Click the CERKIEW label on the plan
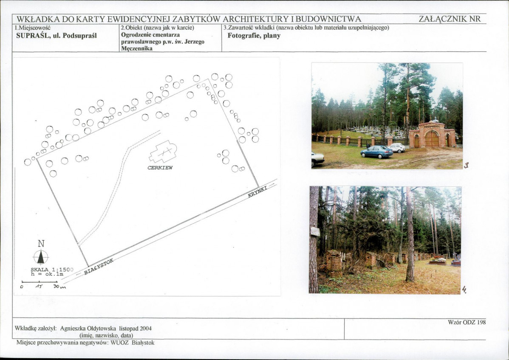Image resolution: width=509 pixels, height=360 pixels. point(160,168)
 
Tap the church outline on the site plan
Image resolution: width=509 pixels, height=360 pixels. point(163,152)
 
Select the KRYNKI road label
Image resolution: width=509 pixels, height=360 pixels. point(258,192)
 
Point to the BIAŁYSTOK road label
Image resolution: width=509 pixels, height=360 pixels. point(99,267)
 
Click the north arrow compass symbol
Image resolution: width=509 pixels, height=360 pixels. point(41,256)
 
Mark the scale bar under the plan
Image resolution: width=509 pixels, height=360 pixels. point(39,282)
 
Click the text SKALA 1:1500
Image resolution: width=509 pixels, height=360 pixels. point(52,270)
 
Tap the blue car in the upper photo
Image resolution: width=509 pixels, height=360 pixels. point(376,152)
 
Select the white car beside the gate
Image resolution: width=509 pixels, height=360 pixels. point(397,148)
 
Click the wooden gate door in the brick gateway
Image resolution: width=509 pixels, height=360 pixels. point(432,139)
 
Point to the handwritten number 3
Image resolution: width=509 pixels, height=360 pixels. point(466,166)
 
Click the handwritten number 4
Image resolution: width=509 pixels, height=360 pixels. point(464,289)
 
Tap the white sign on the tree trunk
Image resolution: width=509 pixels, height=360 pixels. point(315,231)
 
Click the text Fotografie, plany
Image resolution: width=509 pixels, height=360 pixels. point(254,36)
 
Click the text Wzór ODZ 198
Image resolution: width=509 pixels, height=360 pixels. point(467,322)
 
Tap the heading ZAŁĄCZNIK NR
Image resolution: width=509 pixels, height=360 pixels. point(450,19)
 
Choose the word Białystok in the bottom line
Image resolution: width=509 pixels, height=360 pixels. point(143,343)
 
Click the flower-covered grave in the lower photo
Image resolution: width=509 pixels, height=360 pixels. point(438,261)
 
